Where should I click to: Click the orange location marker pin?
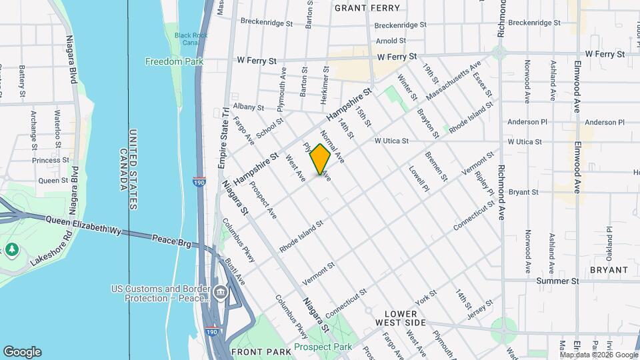321,159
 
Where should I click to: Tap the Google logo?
22,352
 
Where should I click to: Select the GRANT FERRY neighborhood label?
367,8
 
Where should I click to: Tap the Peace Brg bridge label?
172,240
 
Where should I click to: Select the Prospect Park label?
323,347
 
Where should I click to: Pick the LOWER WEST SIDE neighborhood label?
410,317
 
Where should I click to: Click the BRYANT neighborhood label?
608,270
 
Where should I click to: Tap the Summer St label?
557,281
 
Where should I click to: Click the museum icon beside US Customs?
221,293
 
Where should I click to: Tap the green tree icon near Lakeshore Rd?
11,249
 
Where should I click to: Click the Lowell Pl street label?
419,179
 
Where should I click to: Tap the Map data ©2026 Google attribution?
599,354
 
